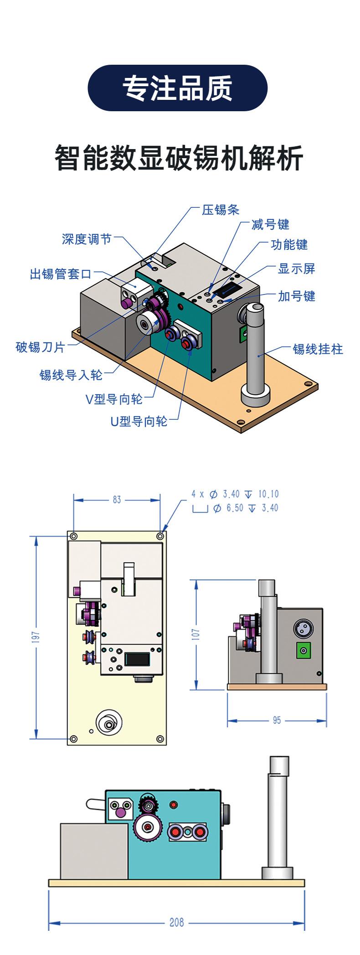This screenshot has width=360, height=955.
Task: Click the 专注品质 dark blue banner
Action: click(x=177, y=88)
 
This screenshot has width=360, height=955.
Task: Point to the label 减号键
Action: click(x=270, y=224)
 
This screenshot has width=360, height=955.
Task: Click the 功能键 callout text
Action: click(x=289, y=245)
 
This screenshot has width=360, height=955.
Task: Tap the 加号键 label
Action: click(x=297, y=296)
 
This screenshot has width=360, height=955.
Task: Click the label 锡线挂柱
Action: click(x=318, y=349)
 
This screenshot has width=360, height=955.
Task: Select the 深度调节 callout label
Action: click(x=87, y=239)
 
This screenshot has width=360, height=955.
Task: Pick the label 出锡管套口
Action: click(x=61, y=274)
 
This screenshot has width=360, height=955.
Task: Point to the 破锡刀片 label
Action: click(x=41, y=347)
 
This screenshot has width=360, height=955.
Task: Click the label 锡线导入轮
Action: click(x=71, y=375)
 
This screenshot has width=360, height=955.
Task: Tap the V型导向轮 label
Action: click(x=114, y=399)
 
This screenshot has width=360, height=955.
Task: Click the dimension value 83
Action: click(x=117, y=500)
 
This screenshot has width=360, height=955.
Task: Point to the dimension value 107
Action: click(x=195, y=634)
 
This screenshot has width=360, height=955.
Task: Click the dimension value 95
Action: click(x=277, y=720)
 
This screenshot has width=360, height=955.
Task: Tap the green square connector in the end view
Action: click(x=301, y=650)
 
